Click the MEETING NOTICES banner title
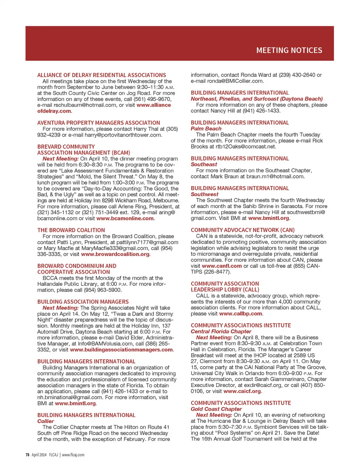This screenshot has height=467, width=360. coord(289,50)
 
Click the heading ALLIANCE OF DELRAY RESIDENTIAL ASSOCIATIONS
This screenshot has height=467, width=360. coord(101,75)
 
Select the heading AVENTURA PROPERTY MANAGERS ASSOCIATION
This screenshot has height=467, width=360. coord(98,123)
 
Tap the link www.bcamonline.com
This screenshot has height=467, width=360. coord(125,218)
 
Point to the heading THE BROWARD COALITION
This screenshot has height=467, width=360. coord(71,230)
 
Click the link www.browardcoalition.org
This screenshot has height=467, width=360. coord(115,254)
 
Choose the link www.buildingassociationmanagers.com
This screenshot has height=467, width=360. coord(121,350)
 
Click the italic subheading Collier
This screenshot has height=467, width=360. coord(46,421)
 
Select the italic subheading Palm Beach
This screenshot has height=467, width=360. coord(206,128)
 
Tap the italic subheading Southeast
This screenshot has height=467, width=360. coord(204,164)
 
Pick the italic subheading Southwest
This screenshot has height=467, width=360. coord(204,194)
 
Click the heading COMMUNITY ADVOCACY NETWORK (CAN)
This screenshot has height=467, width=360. coord(242,230)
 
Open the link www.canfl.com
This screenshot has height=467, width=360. coord(222,266)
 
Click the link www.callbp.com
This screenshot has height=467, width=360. coord(240,314)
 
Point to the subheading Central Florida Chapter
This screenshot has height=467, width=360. coord(221,331)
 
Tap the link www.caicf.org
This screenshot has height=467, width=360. coord(242,391)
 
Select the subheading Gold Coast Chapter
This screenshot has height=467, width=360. coord(216,409)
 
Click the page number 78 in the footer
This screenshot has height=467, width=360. coord(27,455)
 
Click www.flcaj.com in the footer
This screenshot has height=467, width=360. coord(73,455)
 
